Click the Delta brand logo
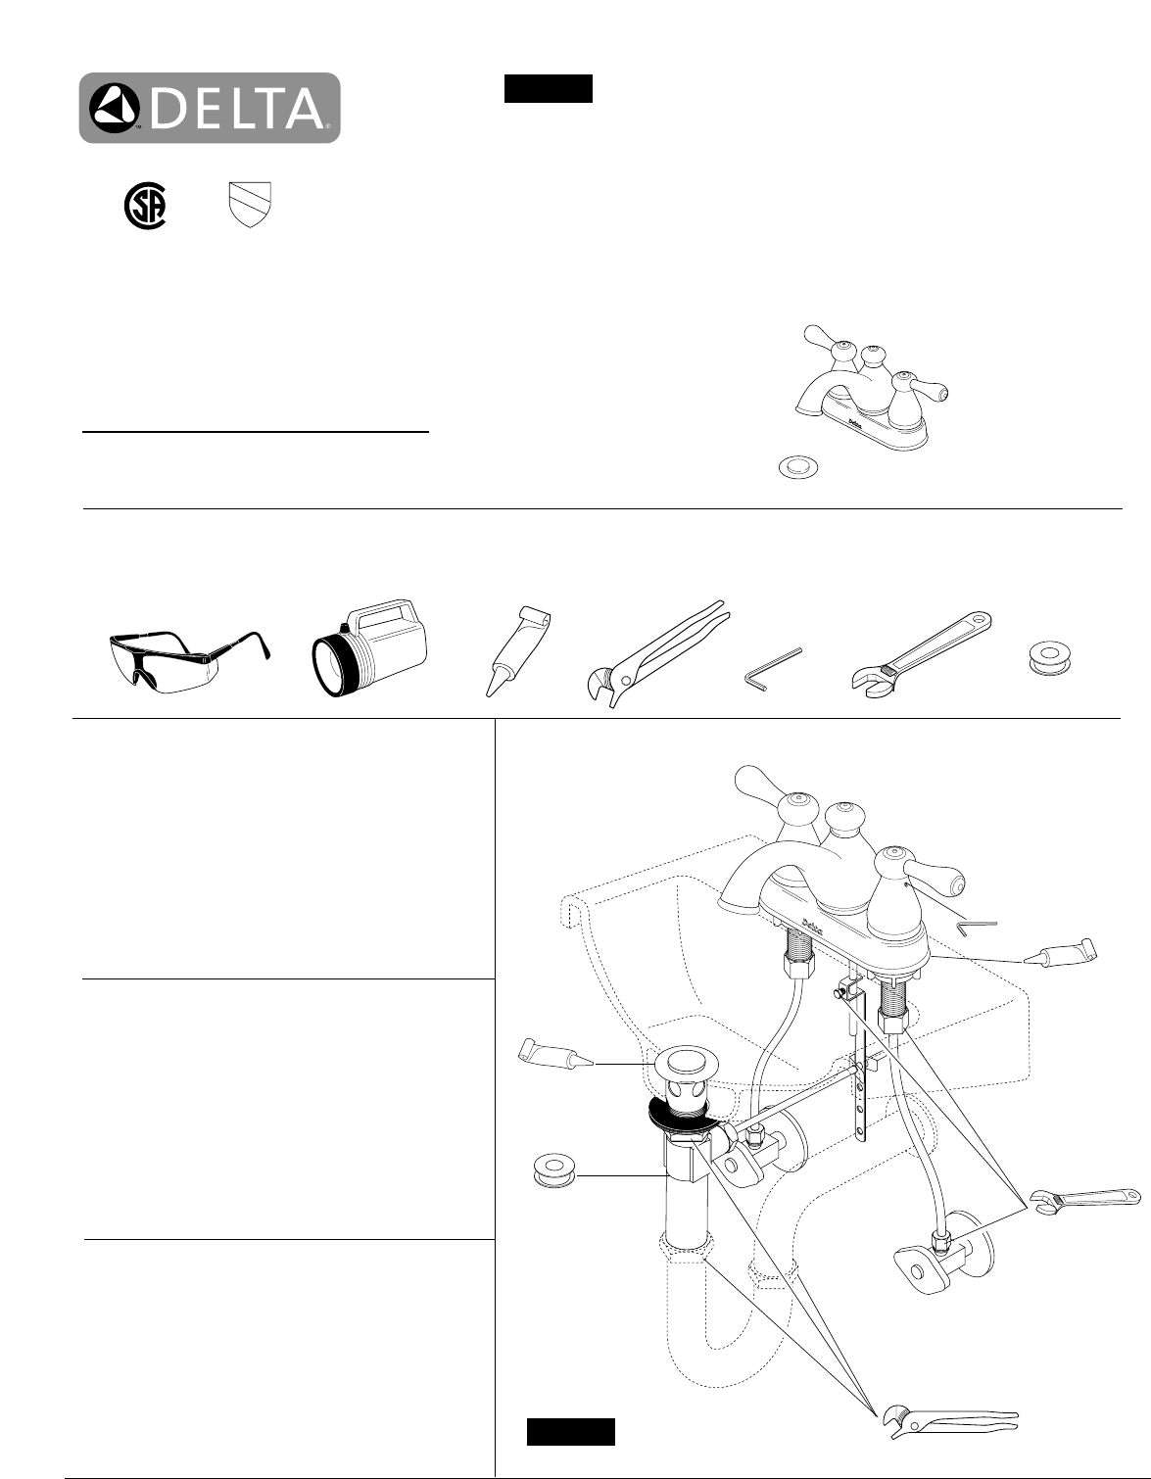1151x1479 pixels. click(210, 108)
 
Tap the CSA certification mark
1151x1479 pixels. click(145, 207)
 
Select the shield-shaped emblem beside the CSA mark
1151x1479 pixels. click(250, 204)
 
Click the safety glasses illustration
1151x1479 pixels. click(190, 661)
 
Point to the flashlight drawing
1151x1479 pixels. click(370, 648)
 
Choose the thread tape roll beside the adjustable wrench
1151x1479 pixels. click(1049, 657)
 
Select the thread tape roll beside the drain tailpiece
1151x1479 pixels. click(554, 1170)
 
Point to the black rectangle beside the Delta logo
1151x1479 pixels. click(548, 88)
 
